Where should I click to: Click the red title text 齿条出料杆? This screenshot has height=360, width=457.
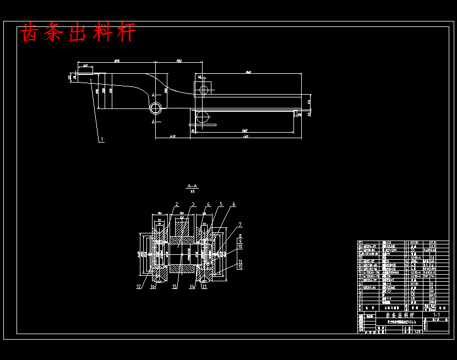click(78, 34)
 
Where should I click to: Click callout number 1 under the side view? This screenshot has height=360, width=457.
click(101, 140)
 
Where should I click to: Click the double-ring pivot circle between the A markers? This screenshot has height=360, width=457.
click(156, 106)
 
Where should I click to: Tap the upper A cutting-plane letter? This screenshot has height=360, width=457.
click(154, 95)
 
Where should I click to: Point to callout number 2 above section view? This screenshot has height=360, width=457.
click(177, 204)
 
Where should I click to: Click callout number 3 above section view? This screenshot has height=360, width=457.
click(193, 204)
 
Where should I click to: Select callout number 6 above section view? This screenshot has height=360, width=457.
click(233, 204)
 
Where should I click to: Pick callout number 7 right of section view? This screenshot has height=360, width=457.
click(240, 225)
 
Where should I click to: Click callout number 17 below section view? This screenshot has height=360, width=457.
click(139, 286)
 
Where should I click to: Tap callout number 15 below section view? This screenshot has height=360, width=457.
click(175, 286)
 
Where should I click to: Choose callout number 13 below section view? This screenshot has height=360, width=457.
click(204, 286)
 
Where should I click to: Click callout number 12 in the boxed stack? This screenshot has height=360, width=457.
click(240, 267)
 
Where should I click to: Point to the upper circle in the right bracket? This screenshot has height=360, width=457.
click(204, 89)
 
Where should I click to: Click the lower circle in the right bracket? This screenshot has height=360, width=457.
click(204, 116)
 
